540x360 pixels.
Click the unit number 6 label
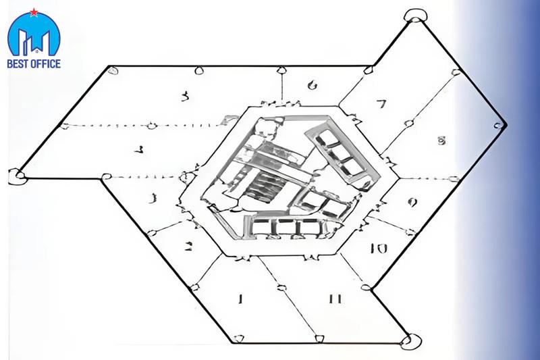311,85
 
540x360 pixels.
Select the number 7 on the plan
381,104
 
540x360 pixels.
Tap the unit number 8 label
441,141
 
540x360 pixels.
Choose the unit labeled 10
379,248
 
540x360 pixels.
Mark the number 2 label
190,246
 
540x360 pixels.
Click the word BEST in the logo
20,64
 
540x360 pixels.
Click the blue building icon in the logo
33,39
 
